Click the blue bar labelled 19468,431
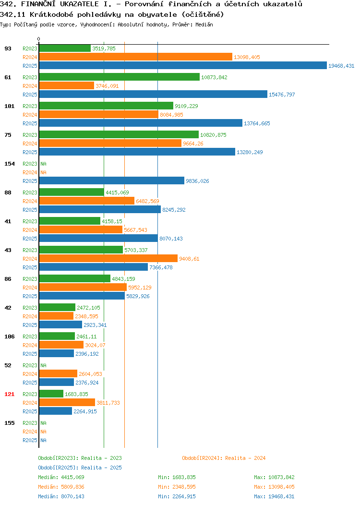(x=183, y=65)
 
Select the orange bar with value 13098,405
(x=135, y=57)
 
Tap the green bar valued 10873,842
(x=120, y=77)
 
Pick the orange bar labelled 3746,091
(x=67, y=85)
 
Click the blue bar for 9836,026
(x=112, y=180)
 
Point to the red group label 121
(x=9, y=394)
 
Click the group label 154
(x=9, y=164)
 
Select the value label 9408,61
(x=189, y=259)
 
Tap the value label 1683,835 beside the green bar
(x=76, y=394)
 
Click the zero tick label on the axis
(x=39, y=39)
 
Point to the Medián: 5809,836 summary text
(x=61, y=487)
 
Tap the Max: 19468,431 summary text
(x=274, y=496)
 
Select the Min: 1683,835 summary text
(x=177, y=477)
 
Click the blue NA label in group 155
(x=44, y=440)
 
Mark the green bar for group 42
(x=57, y=307)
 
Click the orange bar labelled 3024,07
(x=61, y=345)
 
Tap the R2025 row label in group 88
(x=30, y=210)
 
